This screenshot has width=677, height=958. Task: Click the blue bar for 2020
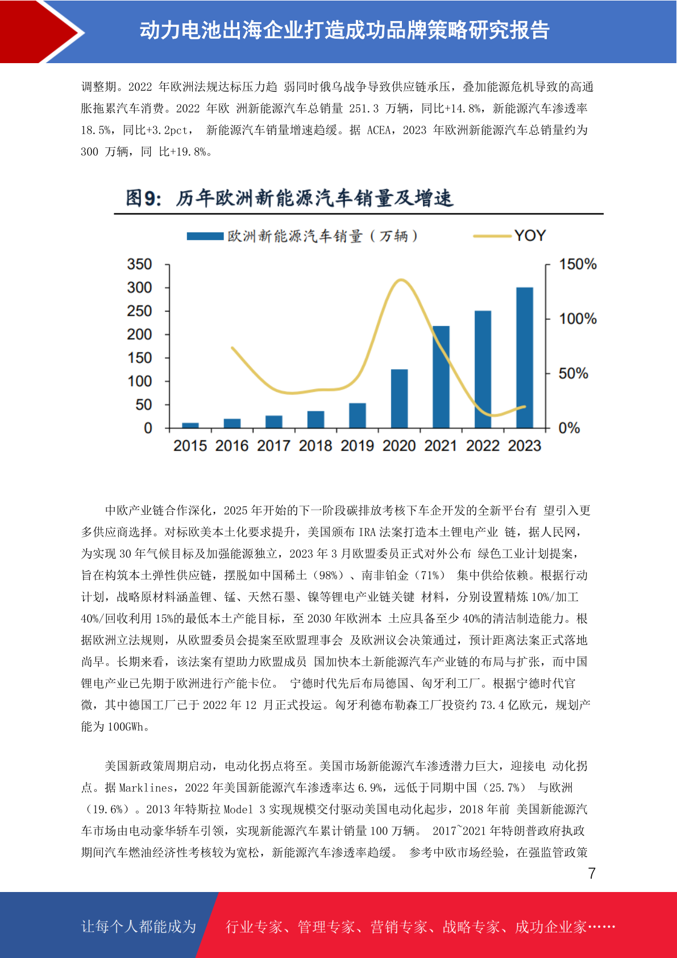[399, 398]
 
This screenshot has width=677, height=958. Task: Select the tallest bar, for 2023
[525, 357]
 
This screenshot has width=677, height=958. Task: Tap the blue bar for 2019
[358, 415]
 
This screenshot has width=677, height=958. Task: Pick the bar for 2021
[441, 377]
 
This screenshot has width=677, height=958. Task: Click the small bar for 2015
[190, 425]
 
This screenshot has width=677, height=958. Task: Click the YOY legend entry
[509, 236]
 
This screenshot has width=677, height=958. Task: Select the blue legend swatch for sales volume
[205, 236]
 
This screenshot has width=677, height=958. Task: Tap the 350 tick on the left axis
[139, 265]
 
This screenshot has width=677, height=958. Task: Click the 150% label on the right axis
[578, 265]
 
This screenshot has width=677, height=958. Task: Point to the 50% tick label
[573, 373]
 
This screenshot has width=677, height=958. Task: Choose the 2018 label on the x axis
[315, 445]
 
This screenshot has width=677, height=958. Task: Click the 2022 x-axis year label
[483, 445]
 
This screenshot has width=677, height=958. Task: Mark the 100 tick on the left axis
[139, 381]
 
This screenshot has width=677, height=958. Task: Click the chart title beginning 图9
[289, 199]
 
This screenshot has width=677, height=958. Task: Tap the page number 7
[592, 873]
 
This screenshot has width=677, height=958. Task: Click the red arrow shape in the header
[40, 32]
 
